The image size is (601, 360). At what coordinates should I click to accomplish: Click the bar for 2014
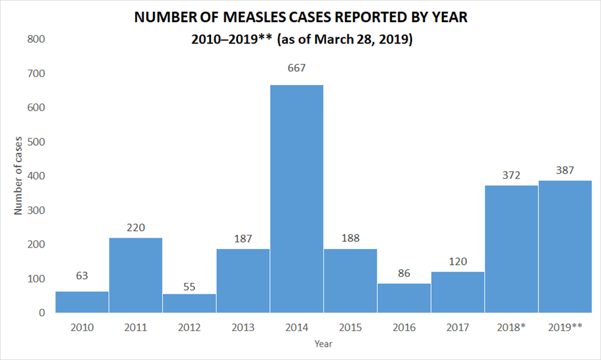pyautogui.click(x=296, y=198)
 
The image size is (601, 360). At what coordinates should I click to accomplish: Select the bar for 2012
pyautogui.click(x=189, y=303)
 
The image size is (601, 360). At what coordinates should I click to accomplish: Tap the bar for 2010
pyautogui.click(x=82, y=302)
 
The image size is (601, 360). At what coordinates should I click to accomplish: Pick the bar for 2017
pyautogui.click(x=458, y=292)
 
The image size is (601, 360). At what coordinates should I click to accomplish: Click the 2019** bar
pyautogui.click(x=565, y=246)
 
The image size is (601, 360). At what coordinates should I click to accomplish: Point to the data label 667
pyautogui.click(x=296, y=68)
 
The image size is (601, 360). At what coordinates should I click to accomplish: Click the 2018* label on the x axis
pyautogui.click(x=511, y=327)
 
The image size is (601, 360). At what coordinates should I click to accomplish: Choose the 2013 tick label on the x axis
pyautogui.click(x=243, y=327)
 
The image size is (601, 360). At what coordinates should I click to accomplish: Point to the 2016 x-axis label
pyautogui.click(x=404, y=327)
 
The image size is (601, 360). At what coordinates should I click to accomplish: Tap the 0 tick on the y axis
pyautogui.click(x=41, y=313)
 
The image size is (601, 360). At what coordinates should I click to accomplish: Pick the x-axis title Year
pyautogui.click(x=323, y=344)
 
